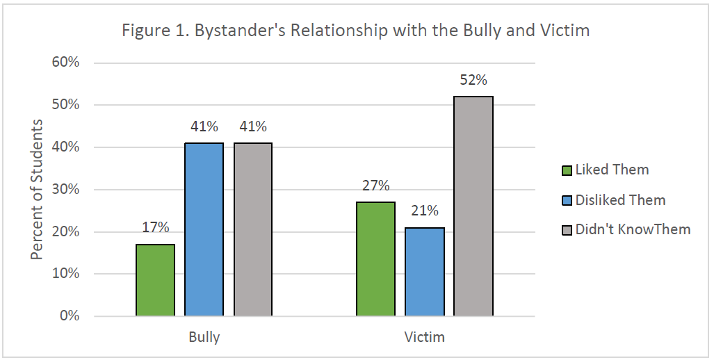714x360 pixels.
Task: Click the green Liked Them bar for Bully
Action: pos(156,280)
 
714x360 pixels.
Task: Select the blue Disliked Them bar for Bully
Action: pos(204,229)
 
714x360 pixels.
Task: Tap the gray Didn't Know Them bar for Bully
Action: pos(253,229)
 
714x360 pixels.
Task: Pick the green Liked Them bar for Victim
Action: pos(375,259)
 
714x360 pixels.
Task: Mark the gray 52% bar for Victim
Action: pos(473,206)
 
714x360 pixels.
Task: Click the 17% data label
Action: pos(156,228)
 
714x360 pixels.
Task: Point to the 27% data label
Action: pos(375,186)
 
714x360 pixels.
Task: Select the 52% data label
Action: pos(473,80)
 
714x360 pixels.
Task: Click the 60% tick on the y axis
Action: pos(67,63)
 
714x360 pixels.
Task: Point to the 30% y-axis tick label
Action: pos(67,190)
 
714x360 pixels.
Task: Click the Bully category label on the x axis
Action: pos(204,338)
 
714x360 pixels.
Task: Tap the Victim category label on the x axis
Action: pos(424,338)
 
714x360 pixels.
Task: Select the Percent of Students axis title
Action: pos(37,189)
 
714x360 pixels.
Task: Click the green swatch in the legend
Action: pos(566,170)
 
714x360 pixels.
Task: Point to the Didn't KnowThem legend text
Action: pos(633,229)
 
